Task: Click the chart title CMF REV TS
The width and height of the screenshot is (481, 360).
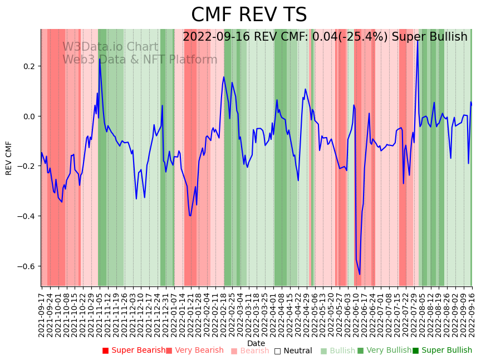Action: pos(249,15)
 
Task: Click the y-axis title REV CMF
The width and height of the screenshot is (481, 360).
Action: pos(9,158)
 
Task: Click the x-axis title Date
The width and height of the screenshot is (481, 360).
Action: pos(256,343)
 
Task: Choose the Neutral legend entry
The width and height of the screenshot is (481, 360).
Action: pos(293,351)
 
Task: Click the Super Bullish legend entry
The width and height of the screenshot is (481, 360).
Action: pos(442,351)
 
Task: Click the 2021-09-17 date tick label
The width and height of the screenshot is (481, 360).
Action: pos(42,314)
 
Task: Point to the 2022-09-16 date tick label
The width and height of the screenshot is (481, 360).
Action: pos(472,314)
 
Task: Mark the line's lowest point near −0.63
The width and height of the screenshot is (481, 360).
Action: pos(360,274)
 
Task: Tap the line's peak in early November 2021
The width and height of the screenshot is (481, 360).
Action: pos(100,59)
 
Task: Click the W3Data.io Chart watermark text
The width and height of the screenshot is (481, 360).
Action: pos(110,47)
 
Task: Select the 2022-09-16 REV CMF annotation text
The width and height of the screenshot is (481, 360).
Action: pos(325,37)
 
